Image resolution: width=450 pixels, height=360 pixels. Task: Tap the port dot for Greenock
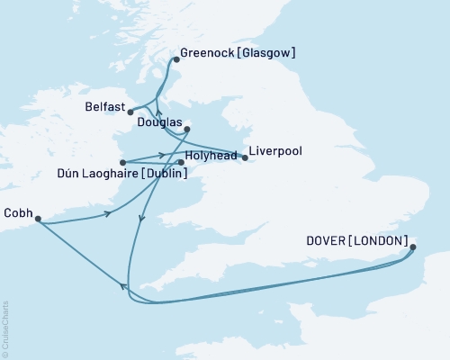pos(175,60)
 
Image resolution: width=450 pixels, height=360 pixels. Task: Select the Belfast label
pos(103,105)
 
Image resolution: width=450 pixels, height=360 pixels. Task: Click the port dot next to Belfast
pos(130,112)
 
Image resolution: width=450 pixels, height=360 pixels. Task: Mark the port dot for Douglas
pos(187,130)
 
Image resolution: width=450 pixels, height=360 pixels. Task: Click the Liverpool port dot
pos(246,157)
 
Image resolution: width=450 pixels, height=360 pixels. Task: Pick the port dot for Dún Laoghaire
pos(122,163)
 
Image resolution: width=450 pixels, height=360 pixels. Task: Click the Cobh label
pos(18,213)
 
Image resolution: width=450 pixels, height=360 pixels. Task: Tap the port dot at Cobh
pos(37,218)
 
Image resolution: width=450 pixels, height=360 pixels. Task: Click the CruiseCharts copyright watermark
pos(5,328)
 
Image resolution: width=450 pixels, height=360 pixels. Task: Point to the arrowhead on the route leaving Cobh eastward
pos(109,213)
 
